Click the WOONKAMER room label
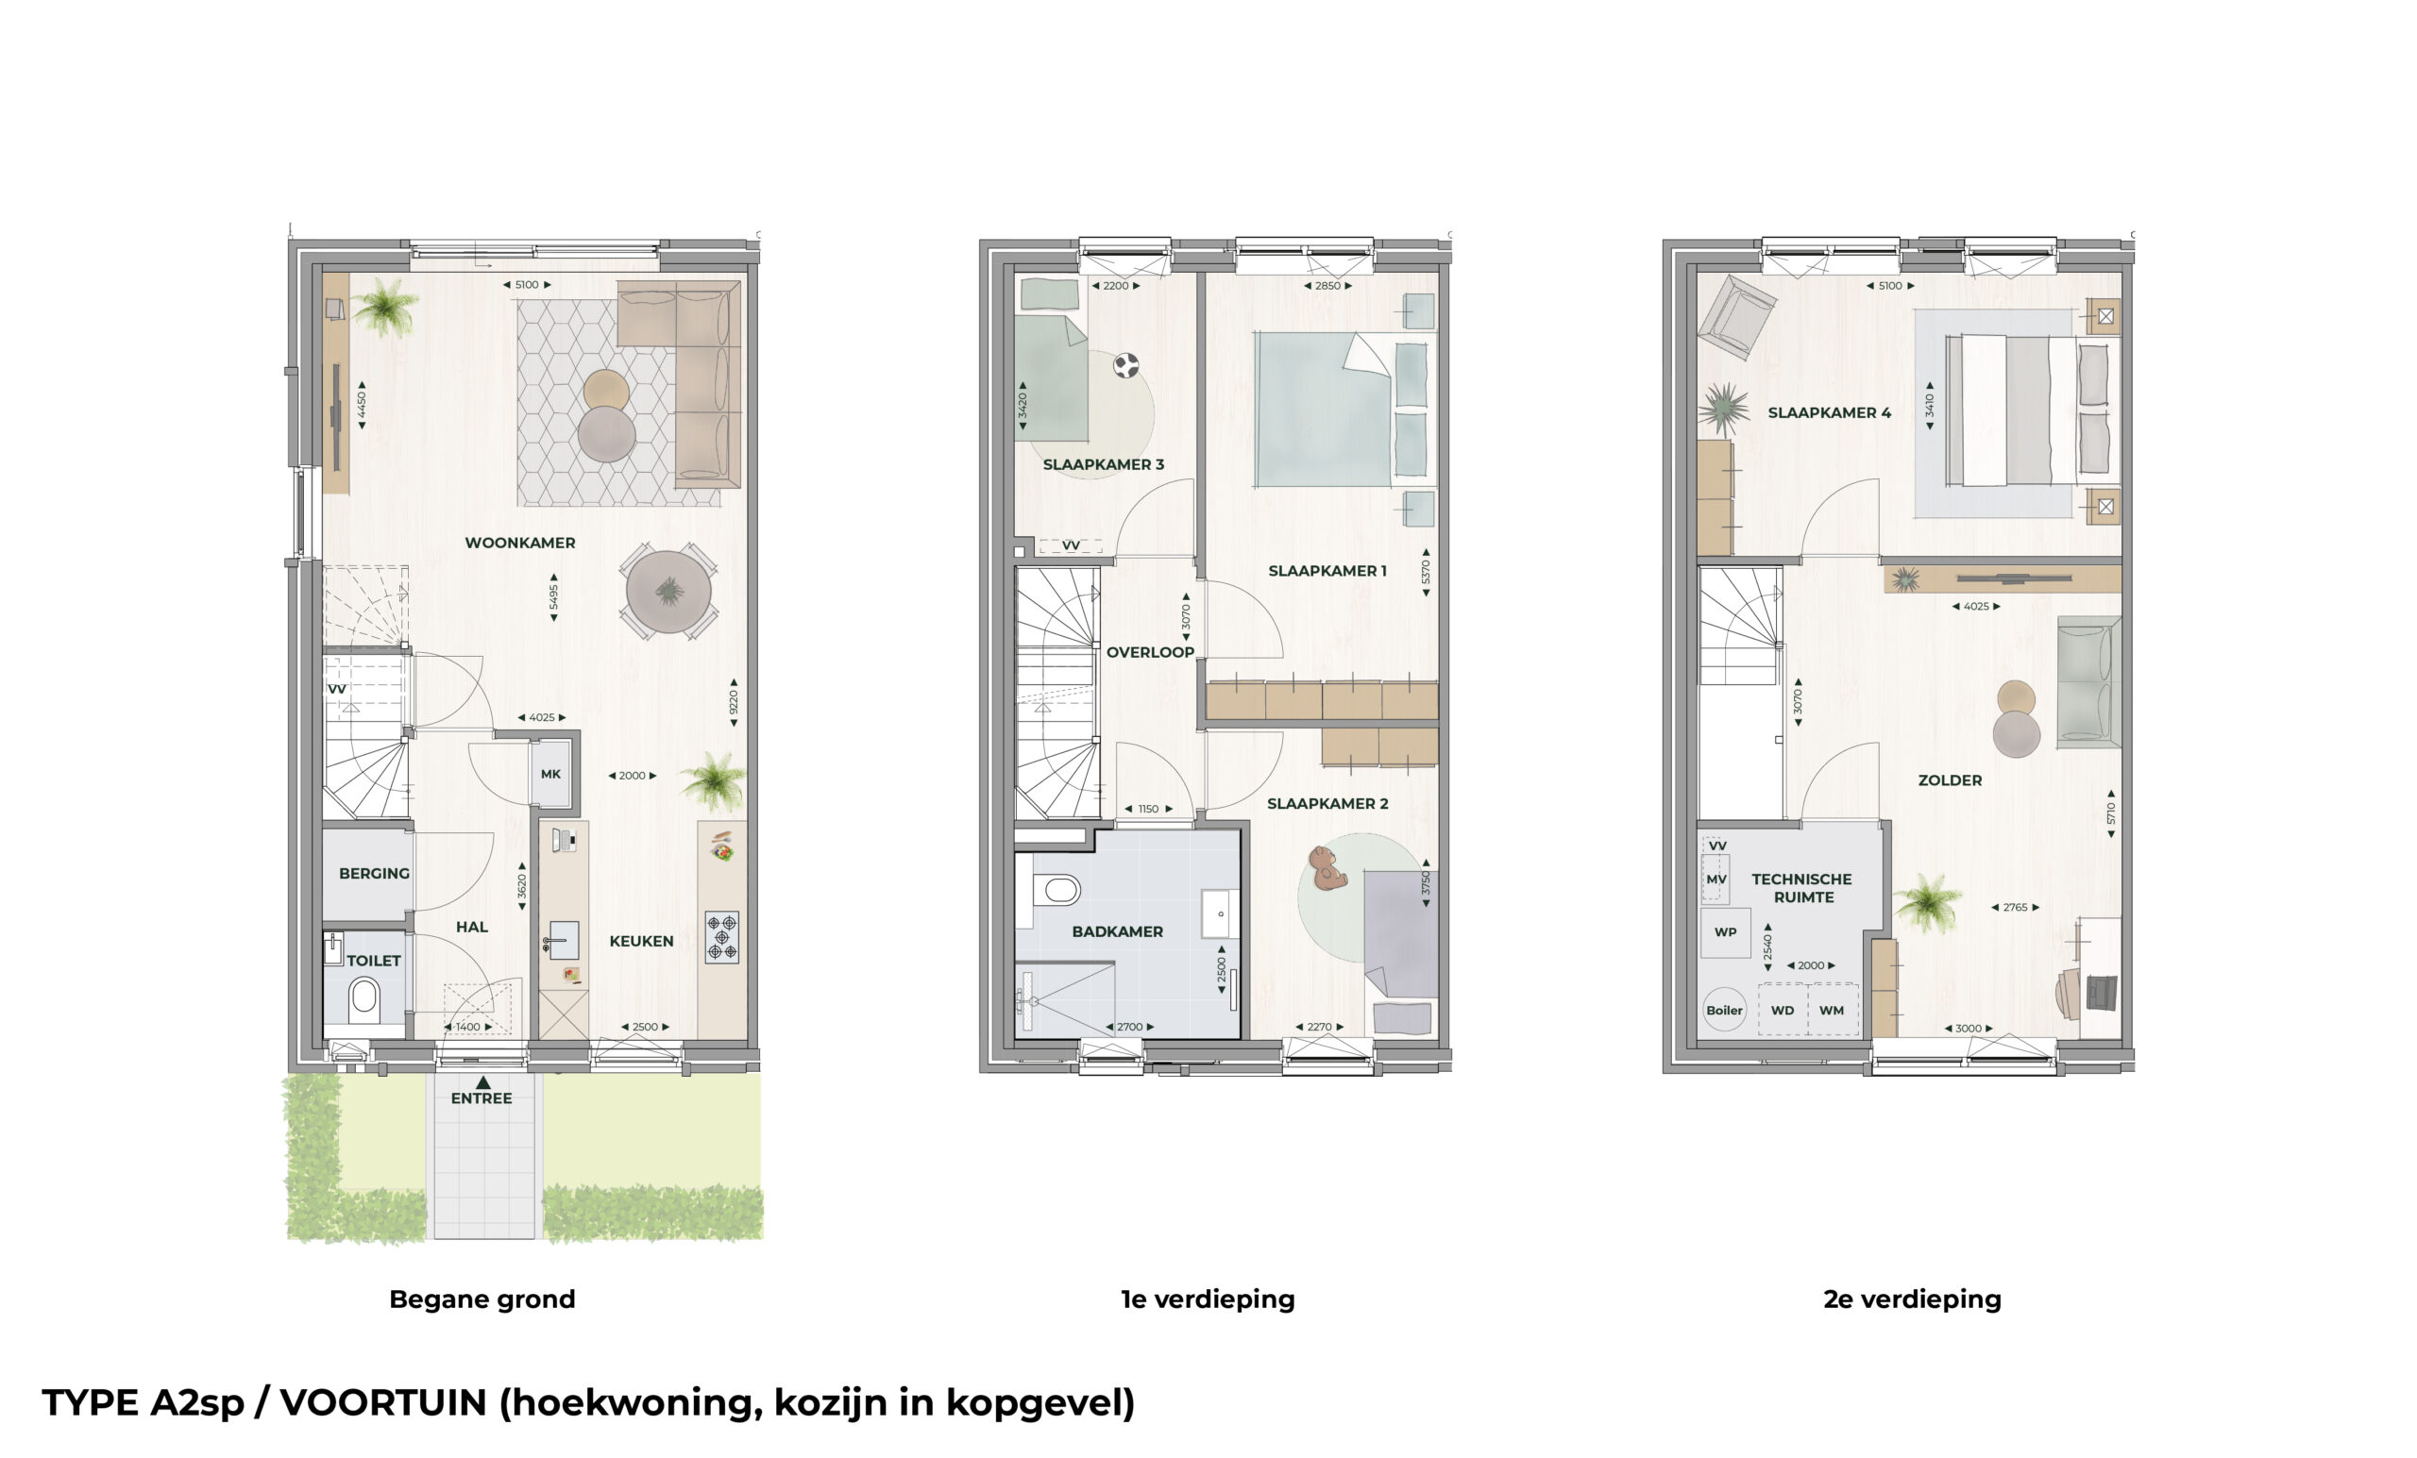coord(520,543)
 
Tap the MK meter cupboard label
coord(550,774)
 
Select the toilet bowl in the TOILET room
coord(363,998)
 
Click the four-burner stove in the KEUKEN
coord(722,936)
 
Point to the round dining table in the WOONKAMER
coord(669,593)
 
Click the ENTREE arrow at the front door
coord(482,1082)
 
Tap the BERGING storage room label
coord(374,873)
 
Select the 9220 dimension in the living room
coord(734,702)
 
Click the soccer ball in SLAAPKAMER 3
coord(1126,366)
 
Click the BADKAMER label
coord(1117,931)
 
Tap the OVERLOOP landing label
coord(1150,652)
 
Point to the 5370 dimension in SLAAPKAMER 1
coord(1426,572)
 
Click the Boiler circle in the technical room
coord(1723,1010)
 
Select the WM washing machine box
coord(1832,1010)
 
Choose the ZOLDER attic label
coord(1949,780)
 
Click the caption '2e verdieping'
coord(1912,1299)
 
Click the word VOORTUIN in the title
coord(383,1402)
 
